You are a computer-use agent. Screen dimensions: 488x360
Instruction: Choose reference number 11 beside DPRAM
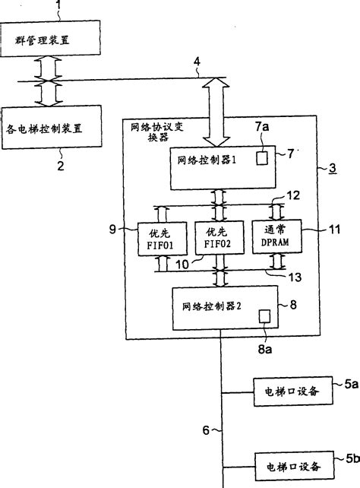click(332, 227)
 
